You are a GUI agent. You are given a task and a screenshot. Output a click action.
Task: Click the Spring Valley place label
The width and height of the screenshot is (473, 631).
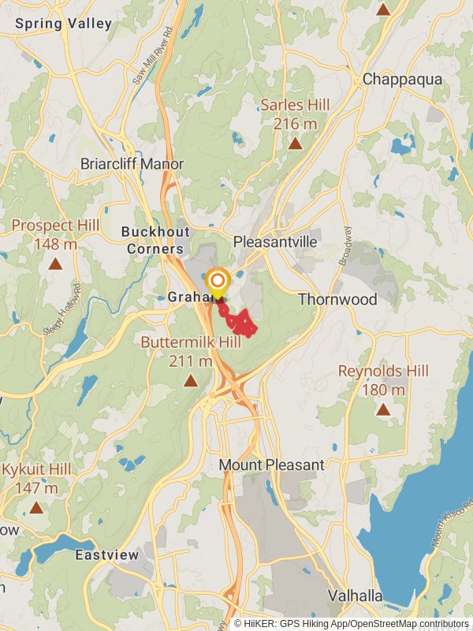63,24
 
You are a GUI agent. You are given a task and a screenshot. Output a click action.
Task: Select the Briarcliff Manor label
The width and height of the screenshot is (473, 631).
132,164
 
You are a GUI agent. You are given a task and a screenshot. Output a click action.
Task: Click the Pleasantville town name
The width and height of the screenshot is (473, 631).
275,241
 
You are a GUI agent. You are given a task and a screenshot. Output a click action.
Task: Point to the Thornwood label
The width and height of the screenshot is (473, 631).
337,299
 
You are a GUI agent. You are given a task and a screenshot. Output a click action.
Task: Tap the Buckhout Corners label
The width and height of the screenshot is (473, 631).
152,240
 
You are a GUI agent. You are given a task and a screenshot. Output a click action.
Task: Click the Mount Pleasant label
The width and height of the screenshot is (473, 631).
271,465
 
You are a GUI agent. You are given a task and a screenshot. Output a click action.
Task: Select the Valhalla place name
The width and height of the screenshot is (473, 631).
355,595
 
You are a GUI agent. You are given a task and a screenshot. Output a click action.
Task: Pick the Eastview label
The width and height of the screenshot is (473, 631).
107,555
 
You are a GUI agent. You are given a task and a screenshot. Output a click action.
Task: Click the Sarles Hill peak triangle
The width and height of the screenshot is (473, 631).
295,144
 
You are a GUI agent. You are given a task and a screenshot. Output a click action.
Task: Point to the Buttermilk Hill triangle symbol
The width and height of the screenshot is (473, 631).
190,382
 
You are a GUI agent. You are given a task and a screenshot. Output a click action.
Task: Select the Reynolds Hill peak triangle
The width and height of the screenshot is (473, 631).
383,409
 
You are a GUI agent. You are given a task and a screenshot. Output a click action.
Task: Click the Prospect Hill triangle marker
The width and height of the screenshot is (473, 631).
55,264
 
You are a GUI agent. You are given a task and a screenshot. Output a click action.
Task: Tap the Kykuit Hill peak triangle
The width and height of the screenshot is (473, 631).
36,508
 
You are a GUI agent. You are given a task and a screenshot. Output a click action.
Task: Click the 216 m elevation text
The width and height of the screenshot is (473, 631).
295,124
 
